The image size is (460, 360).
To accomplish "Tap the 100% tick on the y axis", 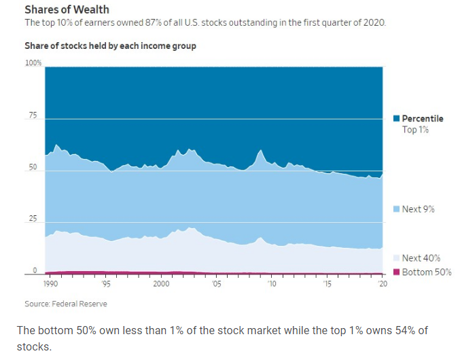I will click(x=33, y=63).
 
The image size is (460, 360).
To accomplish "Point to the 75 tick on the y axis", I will click(x=33, y=116).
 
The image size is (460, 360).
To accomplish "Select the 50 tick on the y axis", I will click(x=33, y=168).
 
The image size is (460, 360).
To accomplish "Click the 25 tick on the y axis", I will click(x=33, y=220).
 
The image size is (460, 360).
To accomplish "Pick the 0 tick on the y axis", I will click(x=35, y=271).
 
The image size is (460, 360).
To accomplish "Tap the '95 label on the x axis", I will click(x=106, y=285).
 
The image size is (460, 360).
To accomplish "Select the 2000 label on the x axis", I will click(x=161, y=285).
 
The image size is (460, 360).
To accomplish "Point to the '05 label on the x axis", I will click(x=216, y=285).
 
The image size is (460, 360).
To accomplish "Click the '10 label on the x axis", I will click(x=272, y=285).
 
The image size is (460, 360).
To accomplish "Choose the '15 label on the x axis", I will click(x=327, y=285).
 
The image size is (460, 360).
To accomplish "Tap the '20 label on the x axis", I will click(x=383, y=285).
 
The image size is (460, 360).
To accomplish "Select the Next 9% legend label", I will click(x=418, y=209).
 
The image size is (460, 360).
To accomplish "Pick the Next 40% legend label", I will click(x=421, y=258).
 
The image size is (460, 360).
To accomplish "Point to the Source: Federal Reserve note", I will click(x=66, y=304).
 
